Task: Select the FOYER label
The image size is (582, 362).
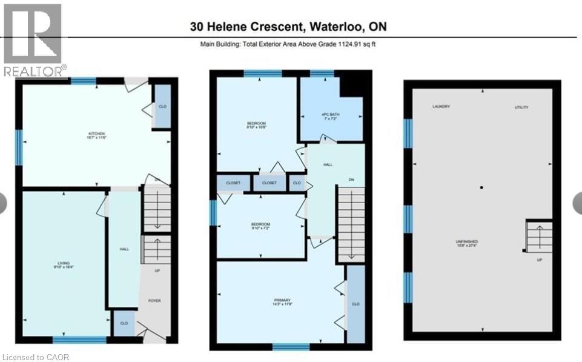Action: click(154, 300)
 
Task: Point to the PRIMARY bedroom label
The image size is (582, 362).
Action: click(282, 301)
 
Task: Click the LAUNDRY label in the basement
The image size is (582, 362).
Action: click(441, 107)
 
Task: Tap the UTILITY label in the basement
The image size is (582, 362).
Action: click(521, 107)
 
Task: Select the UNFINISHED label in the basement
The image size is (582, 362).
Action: click(466, 241)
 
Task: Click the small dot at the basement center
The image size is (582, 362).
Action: click(481, 188)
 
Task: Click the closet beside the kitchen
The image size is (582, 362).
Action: click(162, 107)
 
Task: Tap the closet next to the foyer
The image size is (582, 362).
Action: click(124, 323)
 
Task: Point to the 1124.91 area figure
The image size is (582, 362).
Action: click(347, 44)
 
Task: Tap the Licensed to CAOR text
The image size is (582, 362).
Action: click(36, 357)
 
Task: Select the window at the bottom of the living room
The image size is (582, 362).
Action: click(79, 340)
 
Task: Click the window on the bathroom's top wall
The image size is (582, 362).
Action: click(322, 73)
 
